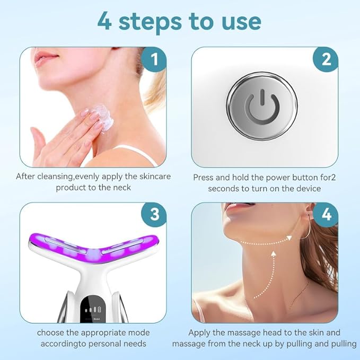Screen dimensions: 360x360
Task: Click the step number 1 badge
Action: [154, 59]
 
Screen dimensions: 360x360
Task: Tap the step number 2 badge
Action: [325, 59]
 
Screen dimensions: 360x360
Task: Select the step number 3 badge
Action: [154, 215]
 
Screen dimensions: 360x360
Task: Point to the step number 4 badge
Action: [325, 215]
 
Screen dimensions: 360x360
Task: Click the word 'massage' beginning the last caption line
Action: [189, 344]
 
